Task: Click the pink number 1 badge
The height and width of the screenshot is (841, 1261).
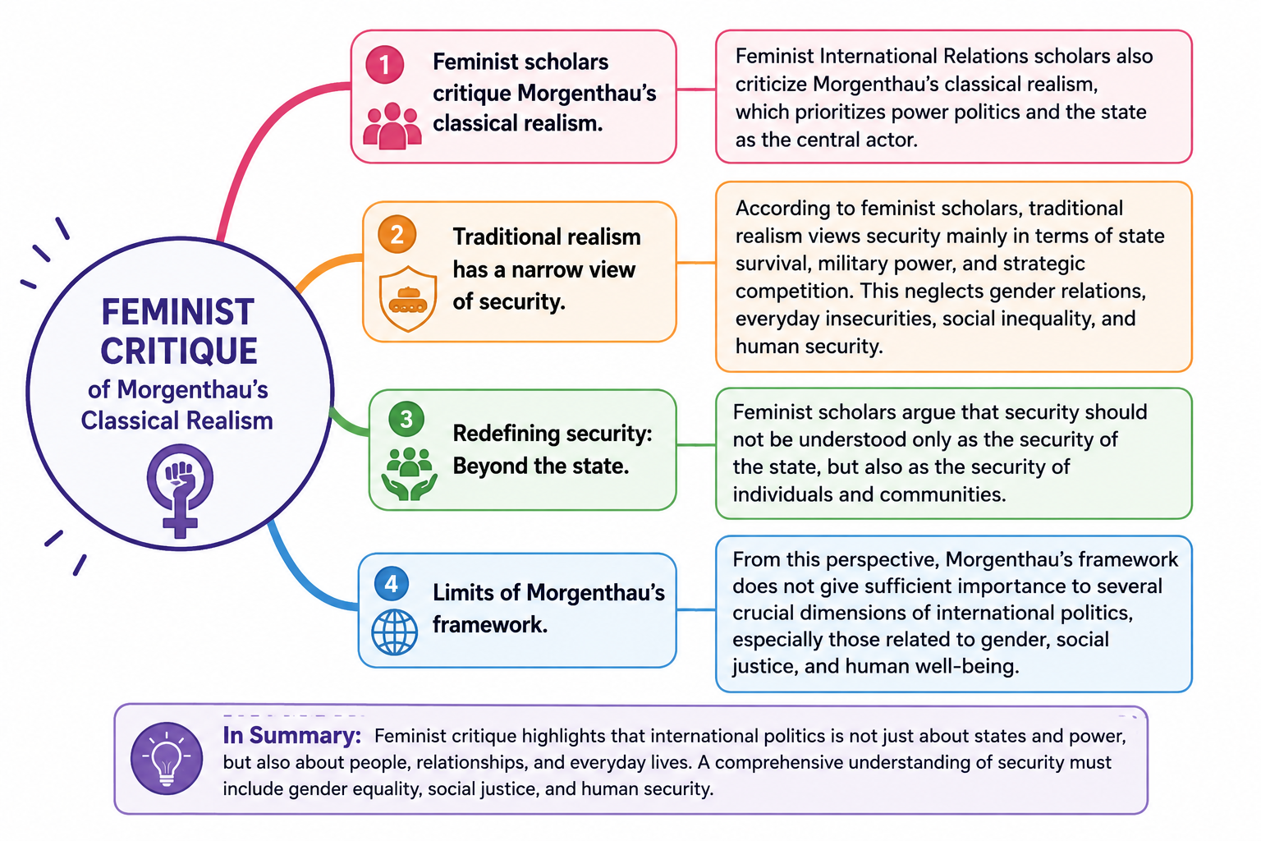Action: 384,65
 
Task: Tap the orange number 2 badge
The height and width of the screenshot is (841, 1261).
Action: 397,234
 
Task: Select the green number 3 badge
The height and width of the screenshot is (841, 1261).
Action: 406,419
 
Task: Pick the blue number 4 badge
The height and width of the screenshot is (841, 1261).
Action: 392,584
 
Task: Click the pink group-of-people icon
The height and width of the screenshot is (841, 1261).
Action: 392,126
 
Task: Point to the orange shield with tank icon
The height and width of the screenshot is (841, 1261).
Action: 408,299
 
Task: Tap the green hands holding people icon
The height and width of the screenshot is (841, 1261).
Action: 410,474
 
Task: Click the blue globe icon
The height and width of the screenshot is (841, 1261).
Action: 395,632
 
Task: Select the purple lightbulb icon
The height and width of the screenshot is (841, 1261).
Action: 167,758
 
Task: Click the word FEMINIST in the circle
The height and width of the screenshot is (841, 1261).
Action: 178,312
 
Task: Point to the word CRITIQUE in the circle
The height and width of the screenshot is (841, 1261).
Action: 179,351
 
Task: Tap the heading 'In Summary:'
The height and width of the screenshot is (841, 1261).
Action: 291,735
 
